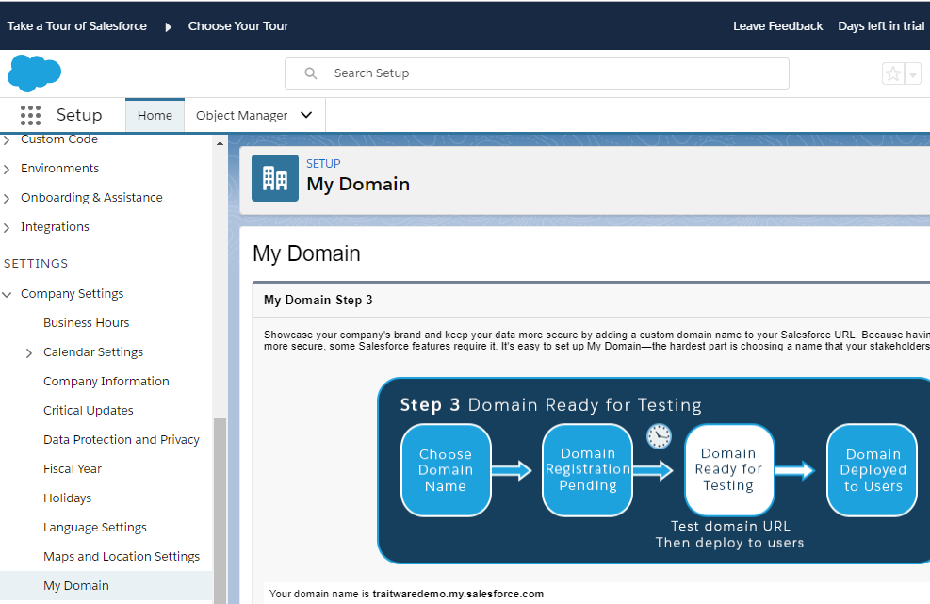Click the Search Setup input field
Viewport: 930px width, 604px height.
pos(537,73)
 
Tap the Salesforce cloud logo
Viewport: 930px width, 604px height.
pos(34,73)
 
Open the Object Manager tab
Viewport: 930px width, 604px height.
pos(254,115)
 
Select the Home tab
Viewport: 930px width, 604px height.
pos(155,115)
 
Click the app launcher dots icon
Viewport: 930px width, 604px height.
pos(30,115)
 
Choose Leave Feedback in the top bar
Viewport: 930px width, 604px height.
pos(777,26)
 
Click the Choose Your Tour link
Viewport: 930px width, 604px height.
pos(237,26)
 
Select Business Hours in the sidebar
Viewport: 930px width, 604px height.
pos(86,323)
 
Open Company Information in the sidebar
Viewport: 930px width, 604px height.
pos(106,381)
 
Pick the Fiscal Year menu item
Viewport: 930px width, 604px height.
pos(73,468)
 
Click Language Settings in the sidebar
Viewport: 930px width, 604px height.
pos(95,528)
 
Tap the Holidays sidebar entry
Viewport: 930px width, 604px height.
pos(67,498)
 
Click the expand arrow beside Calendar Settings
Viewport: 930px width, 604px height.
pos(29,353)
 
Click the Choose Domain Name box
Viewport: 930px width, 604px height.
pos(446,470)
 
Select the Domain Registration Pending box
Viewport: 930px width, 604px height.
pos(587,470)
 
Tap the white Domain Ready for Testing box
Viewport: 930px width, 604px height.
pos(729,470)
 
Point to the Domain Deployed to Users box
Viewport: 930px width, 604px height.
pos(872,470)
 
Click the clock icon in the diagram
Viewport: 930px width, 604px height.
pos(659,436)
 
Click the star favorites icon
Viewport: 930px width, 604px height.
pos(892,73)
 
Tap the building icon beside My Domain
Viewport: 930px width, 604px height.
pos(275,178)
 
